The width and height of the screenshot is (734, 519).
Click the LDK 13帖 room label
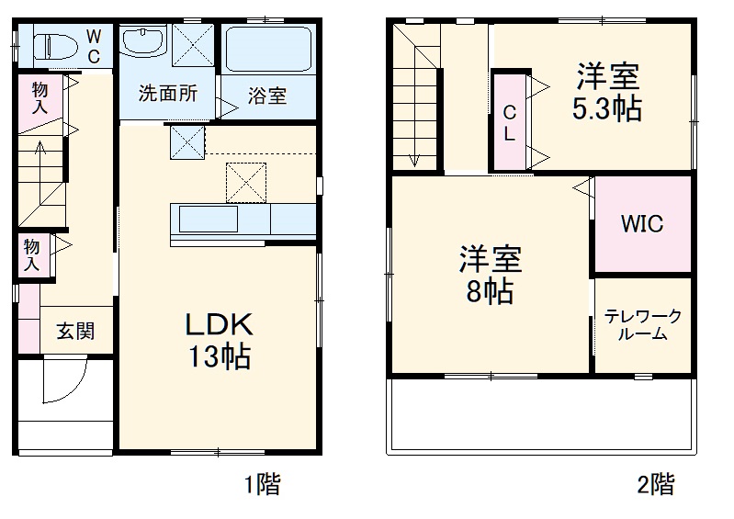(220, 340)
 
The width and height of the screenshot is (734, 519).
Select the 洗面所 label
(167, 94)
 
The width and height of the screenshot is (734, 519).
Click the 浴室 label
(267, 95)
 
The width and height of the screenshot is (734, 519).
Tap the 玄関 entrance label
(75, 332)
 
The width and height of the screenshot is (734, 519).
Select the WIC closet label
(641, 224)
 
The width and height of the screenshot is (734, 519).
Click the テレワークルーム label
(642, 326)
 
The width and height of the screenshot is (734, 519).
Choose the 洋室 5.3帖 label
(607, 92)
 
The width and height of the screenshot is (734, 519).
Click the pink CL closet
(510, 121)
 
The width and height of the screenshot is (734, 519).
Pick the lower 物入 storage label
(32, 254)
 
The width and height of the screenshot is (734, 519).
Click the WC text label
(94, 45)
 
